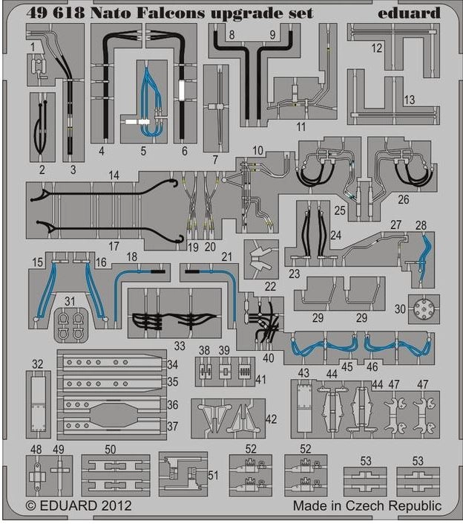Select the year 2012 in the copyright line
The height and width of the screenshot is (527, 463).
click(117, 505)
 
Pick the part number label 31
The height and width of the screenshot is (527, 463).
click(69, 300)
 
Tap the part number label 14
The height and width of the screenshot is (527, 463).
click(113, 175)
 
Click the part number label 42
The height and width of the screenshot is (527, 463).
click(272, 419)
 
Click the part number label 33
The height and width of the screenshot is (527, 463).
click(180, 345)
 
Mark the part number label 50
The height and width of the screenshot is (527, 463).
click(111, 449)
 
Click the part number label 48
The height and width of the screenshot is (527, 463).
click(36, 449)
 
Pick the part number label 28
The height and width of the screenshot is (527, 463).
click(421, 225)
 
